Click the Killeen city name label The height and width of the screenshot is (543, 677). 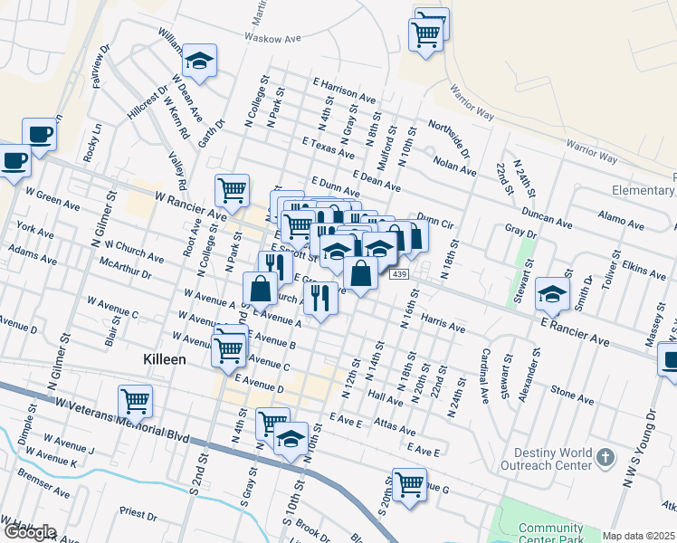click(x=165, y=359)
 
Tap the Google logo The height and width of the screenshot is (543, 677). click(x=29, y=532)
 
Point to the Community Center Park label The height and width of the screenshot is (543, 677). click(x=551, y=534)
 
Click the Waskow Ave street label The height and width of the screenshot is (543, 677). click(x=271, y=39)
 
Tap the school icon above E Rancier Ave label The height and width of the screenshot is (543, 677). click(x=552, y=293)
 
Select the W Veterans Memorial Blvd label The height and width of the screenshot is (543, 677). click(x=122, y=419)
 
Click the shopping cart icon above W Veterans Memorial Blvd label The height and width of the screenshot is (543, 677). click(x=135, y=399)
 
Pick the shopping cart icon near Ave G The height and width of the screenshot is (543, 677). click(x=409, y=481)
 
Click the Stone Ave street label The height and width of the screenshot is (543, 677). click(x=571, y=395)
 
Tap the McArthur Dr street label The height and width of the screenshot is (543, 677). click(x=126, y=271)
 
